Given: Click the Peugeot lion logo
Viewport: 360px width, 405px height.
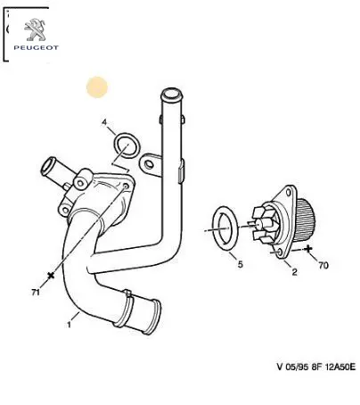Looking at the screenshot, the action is point(35,29).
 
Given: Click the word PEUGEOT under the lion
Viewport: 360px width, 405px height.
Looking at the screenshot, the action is point(36,47).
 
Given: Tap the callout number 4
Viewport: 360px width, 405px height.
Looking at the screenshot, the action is point(104,122).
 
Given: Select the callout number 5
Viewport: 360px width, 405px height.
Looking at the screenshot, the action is point(240,264).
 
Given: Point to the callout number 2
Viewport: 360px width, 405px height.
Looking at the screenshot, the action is point(294,272).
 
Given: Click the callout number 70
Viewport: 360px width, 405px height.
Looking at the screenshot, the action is point(323,265).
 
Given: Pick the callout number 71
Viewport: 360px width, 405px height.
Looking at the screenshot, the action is point(36,293).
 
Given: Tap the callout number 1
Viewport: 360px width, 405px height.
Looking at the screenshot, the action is point(69,325).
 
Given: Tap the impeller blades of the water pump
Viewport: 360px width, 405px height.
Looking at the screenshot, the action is point(262,224).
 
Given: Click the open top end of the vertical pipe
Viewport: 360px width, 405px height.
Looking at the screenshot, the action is point(172,95).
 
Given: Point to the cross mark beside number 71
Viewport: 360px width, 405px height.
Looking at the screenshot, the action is point(51,276).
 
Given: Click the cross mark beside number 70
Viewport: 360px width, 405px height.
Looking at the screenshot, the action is point(309,248).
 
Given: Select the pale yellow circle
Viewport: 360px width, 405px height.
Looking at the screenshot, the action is point(97,87).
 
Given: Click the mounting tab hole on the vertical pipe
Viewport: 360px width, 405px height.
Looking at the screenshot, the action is point(149,164).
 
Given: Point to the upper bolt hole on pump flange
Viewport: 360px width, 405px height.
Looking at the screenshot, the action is point(288,193).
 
